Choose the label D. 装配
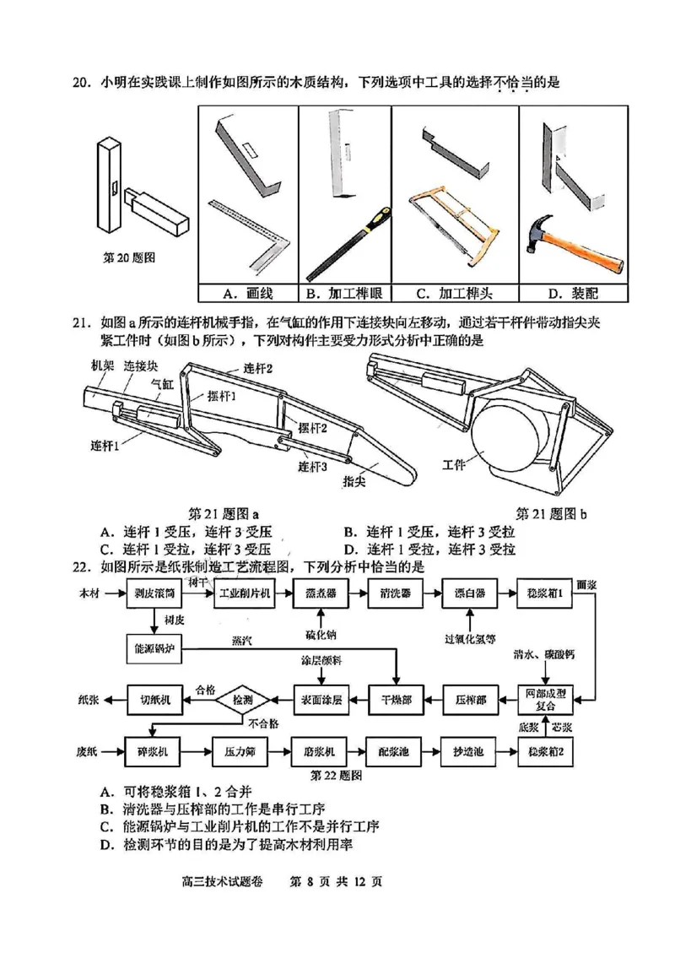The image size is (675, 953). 575,294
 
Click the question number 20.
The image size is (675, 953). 80,82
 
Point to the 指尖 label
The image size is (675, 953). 354,481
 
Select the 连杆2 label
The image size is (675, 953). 258,368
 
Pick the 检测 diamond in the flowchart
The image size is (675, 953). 241,699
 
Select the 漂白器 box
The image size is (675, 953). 468,594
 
